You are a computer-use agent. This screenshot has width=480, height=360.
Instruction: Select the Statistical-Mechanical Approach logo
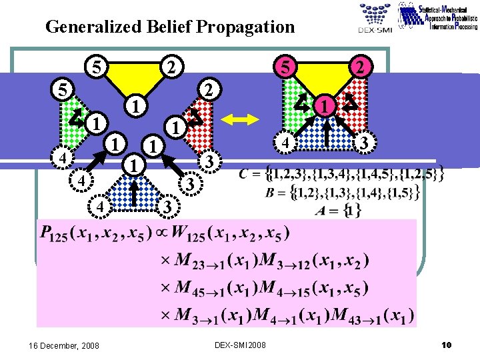click(x=437, y=17)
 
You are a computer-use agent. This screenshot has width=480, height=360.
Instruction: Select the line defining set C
click(x=342, y=176)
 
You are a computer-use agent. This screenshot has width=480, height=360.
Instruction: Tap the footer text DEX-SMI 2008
click(x=240, y=345)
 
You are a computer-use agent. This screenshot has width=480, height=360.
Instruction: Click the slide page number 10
click(x=446, y=345)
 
